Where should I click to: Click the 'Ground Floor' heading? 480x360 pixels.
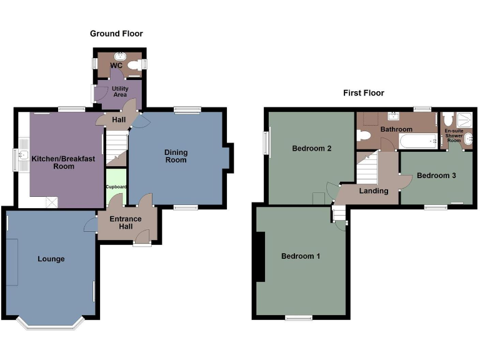pos(116,34)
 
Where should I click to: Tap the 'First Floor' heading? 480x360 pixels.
pos(363,93)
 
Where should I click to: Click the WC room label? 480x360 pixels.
pos(116,65)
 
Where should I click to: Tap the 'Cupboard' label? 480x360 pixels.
pos(116,187)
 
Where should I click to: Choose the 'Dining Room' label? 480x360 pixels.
pos(176,156)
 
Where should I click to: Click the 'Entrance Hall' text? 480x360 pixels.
pos(126,223)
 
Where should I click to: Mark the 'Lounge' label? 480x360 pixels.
pos(51,259)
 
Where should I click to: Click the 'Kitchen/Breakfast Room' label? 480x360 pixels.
pos(65,162)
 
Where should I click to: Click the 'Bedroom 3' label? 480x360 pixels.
pos(436,176)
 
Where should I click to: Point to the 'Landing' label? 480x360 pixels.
pos(373,191)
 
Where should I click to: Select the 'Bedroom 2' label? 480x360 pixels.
pos(311,149)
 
